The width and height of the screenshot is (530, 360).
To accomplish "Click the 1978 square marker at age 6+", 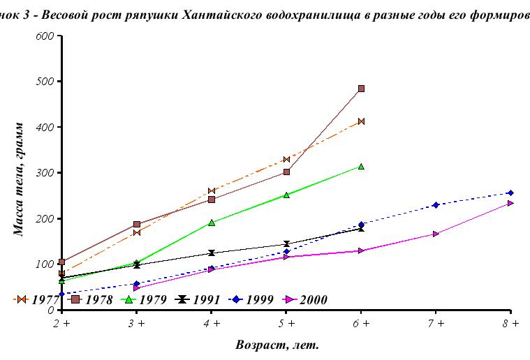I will point(361,89).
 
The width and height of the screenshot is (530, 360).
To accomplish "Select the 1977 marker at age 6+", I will point(361,121).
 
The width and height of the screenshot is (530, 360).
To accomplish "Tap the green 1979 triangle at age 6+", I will point(361,166).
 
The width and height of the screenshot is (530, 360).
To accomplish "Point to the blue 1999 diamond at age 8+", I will point(510,193).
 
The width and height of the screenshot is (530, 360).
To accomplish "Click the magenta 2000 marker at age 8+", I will point(510,203).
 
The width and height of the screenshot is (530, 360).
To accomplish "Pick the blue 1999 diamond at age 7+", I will point(436,205).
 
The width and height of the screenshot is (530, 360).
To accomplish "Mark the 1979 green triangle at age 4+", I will point(212,223).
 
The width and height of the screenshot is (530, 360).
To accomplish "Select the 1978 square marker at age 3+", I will point(137,225).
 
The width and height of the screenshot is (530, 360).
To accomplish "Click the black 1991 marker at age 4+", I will point(212,253).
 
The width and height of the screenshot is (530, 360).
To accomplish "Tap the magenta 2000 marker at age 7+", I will point(436,234).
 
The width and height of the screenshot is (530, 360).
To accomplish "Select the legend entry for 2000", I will point(305,299).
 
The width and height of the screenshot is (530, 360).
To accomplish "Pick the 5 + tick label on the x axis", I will point(286,324).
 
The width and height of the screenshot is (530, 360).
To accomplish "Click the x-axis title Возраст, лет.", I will point(286,345).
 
